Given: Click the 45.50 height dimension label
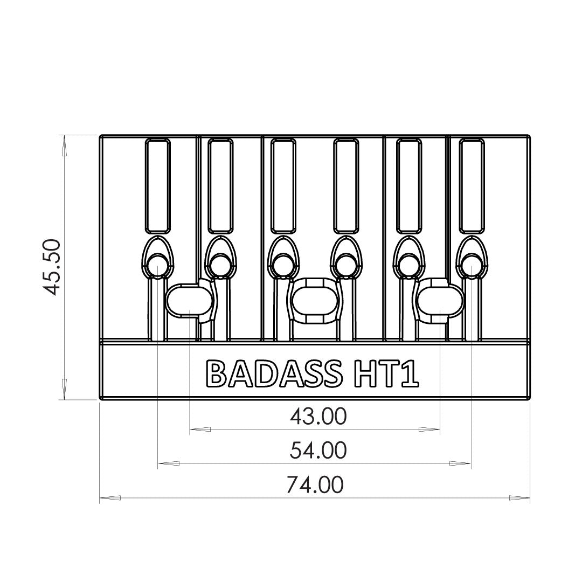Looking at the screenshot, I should pyautogui.click(x=54, y=268).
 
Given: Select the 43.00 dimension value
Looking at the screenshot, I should pyautogui.click(x=317, y=416).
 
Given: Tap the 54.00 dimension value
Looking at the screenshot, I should pyautogui.click(x=317, y=450).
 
